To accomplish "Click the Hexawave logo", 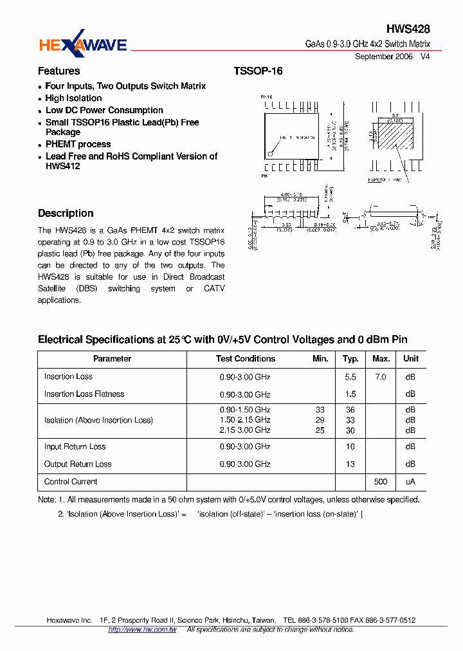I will (83, 44).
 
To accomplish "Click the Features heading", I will (59, 71).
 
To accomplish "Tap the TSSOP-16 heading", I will (258, 71).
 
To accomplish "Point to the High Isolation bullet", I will (73, 98).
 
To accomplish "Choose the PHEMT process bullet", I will (78, 145).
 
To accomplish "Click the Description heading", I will (66, 214).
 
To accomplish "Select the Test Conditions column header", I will (245, 359).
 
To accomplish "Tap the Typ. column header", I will (350, 359).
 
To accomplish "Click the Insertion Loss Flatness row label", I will (84, 394).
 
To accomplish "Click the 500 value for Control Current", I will (381, 482).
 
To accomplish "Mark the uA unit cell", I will (410, 482).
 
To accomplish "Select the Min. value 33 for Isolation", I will (320, 410).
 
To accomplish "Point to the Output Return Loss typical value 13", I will (350, 464).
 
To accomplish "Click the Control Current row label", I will (71, 482).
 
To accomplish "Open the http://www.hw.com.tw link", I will (142, 630).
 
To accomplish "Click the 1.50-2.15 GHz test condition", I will (245, 420).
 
